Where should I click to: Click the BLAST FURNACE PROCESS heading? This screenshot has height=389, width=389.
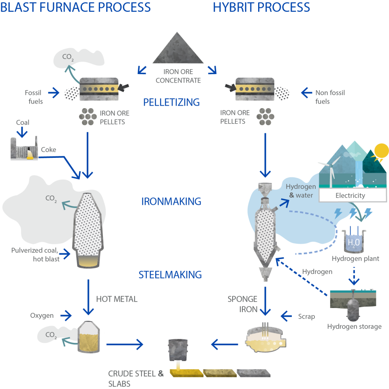click(x=75, y=7)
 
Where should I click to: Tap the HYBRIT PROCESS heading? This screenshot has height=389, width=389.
click(x=262, y=7)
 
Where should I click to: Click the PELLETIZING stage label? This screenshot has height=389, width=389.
click(x=171, y=102)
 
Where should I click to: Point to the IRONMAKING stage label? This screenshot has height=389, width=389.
click(x=171, y=201)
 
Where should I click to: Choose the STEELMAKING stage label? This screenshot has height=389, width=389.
click(x=170, y=275)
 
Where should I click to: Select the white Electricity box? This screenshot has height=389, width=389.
click(x=350, y=196)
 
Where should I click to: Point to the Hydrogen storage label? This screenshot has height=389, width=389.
click(x=354, y=326)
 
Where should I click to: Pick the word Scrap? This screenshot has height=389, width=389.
click(x=306, y=316)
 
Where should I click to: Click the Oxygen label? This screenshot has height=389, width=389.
click(x=42, y=315)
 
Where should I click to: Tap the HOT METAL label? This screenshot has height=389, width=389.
click(x=117, y=299)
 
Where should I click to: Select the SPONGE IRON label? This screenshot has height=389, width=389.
click(x=242, y=304)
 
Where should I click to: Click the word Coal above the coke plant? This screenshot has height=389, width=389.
click(x=23, y=122)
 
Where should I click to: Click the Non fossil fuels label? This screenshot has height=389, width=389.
click(x=330, y=97)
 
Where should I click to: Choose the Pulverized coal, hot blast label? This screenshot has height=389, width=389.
click(x=36, y=254)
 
